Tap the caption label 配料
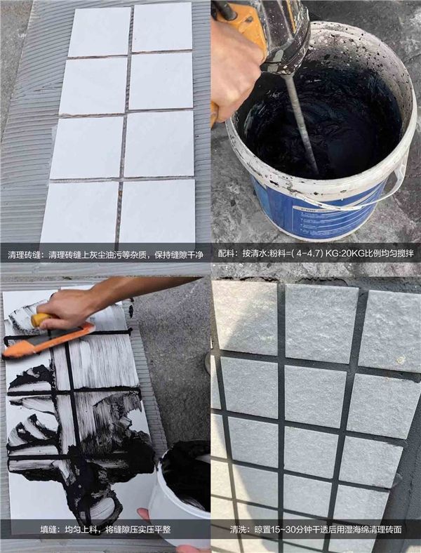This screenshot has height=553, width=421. pos(226,253)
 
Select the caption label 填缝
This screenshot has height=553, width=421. pos(48,529)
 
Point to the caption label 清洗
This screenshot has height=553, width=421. pos(239,529)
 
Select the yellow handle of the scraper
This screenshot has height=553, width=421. pos(39,319)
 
